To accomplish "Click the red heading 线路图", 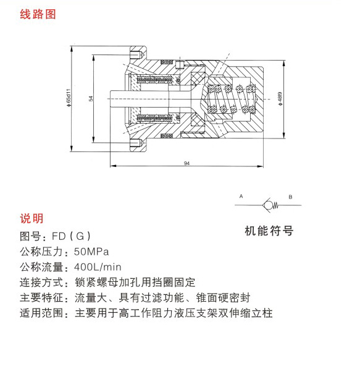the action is coord(38,14).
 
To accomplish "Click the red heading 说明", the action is coord(31,218).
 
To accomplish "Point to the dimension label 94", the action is coord(186,163).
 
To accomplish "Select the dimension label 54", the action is coord(91,98).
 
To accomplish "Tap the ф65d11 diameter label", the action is coord(69,98).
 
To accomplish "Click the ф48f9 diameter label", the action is coord(280,98).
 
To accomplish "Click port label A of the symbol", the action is coord(241,197).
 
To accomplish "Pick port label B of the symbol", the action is coord(290,197).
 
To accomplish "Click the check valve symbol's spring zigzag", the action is coord(275,205).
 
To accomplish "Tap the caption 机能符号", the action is coord(269,231).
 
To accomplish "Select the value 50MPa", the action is coord(91,252).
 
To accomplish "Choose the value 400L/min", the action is coord(98,267).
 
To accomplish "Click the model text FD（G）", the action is coord(71,236).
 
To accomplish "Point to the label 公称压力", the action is coord(41,252).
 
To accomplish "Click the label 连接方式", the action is coord(41,282).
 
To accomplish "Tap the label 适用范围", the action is coord(41,313).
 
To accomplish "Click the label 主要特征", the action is coord(41,297).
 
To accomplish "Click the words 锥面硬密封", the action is coord(223,297).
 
